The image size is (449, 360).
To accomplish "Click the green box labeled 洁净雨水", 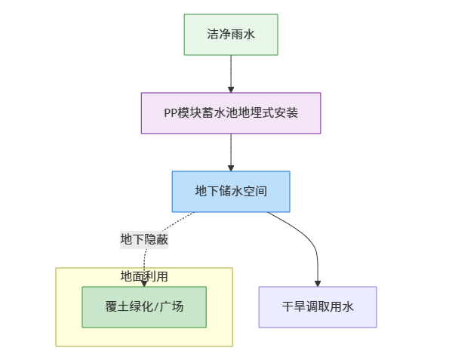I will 231,35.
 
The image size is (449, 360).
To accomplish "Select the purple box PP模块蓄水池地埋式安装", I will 231,113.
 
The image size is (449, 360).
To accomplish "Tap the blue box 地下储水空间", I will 231,192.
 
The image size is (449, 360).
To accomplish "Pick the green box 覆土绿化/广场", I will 144,307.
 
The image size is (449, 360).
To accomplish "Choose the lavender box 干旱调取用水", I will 318,307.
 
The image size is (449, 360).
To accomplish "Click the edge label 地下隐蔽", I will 144,239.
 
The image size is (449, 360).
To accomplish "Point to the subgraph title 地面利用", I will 144,276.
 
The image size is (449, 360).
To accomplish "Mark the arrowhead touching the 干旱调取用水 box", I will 318,282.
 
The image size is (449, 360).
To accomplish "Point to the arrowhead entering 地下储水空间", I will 231,167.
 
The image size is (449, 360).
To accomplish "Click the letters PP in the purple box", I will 171,113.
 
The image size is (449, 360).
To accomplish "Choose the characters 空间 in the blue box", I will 256,192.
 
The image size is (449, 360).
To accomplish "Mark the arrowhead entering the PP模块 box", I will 231,88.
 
